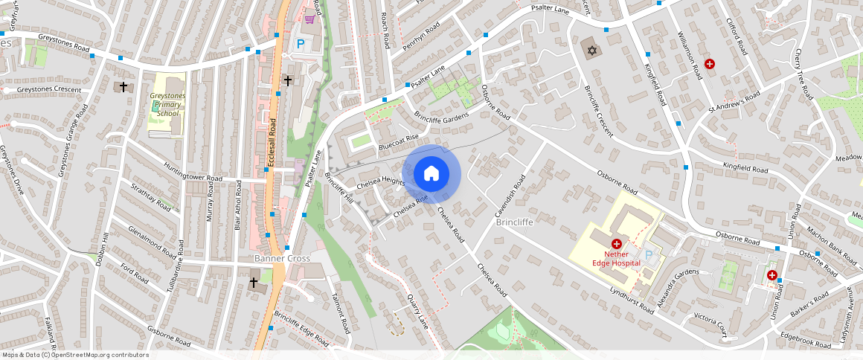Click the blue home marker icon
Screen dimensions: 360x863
(x=431, y=174)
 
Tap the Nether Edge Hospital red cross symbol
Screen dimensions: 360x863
(x=616, y=244)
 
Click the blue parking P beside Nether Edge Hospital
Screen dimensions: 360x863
(x=648, y=255)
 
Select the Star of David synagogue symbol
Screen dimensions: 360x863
(x=592, y=50)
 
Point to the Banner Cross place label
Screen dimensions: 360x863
(x=282, y=259)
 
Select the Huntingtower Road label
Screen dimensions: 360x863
(x=193, y=173)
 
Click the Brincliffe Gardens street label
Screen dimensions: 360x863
(x=441, y=119)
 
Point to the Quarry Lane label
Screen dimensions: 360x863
(x=418, y=313)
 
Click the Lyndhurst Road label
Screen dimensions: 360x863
(x=631, y=300)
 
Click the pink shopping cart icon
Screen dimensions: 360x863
(x=309, y=19)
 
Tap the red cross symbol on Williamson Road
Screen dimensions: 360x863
(x=710, y=65)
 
